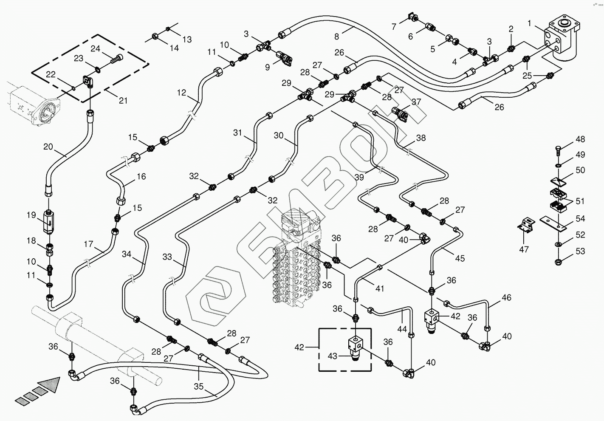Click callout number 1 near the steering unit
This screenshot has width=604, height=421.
pos(529,23)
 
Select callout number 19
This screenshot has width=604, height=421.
pos(31,215)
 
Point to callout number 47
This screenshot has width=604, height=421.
pos(524,249)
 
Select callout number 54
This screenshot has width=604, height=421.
pos(580,219)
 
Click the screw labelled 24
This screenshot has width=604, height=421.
pos(117,58)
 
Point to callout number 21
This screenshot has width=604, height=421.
pos(123,101)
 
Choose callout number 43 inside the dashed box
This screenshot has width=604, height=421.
pos(333,356)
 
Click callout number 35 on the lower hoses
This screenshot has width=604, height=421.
pos(199,387)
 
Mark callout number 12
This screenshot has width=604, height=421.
pos(182,93)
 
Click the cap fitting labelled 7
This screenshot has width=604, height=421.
pos(411,17)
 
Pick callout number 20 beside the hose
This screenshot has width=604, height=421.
pos(48,147)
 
